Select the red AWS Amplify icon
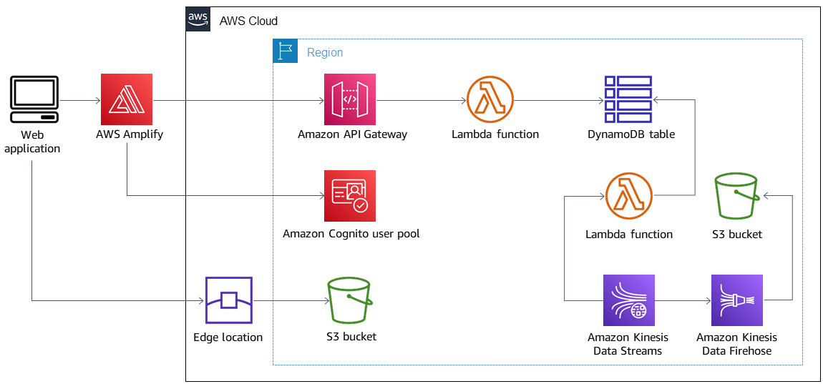tap(127, 99)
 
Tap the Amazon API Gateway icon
tap(349, 99)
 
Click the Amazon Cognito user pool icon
tap(349, 196)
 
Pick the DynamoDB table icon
tap(628, 99)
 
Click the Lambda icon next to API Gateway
tap(490, 99)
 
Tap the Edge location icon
tap(228, 301)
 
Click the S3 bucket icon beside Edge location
tap(350, 301)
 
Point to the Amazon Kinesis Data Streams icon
tap(628, 300)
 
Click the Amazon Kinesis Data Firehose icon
tap(736, 300)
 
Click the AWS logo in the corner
tap(198, 19)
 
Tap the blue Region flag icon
tap(286, 51)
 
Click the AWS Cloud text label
tap(248, 21)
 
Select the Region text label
tap(325, 52)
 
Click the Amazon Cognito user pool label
tap(351, 234)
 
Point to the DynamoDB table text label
tap(630, 134)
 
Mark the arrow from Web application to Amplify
tap(79, 101)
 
